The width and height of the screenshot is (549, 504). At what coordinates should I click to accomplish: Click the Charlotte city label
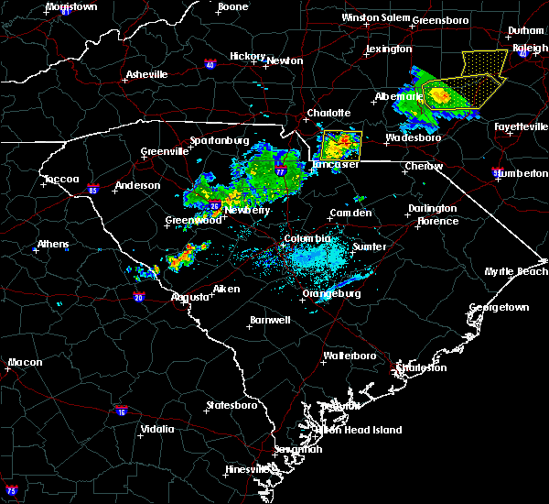click(x=328, y=113)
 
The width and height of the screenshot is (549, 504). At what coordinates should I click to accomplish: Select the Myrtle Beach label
click(x=517, y=272)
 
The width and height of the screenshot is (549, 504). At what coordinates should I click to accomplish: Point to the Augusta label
click(x=191, y=297)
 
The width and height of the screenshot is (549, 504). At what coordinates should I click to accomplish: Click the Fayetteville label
click(x=519, y=126)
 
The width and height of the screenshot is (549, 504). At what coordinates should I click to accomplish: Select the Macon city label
click(x=25, y=363)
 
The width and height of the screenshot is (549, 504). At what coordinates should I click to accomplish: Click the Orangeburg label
click(x=331, y=294)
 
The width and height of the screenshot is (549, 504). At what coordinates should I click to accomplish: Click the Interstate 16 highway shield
click(x=121, y=411)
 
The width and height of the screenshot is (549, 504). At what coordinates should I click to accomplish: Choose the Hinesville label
click(x=247, y=469)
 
